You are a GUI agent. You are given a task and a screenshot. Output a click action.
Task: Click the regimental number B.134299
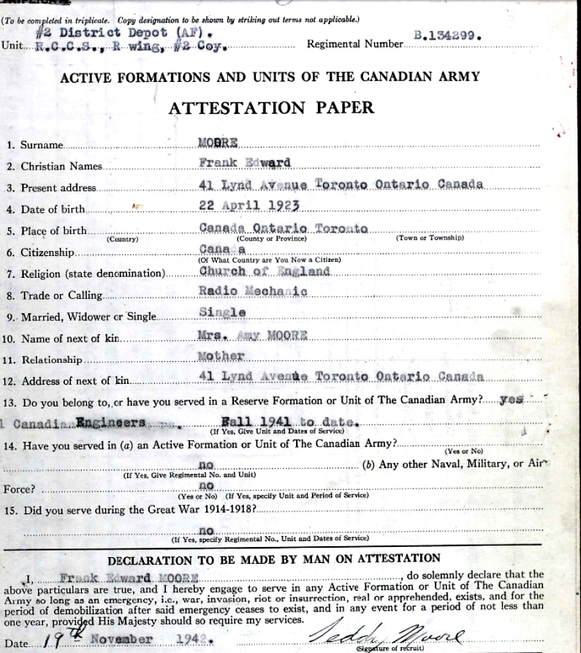448,34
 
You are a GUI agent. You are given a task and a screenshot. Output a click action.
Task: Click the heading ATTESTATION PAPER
271,107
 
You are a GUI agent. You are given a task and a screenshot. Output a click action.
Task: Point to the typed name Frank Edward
244,162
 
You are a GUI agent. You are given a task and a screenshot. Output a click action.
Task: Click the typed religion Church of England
264,271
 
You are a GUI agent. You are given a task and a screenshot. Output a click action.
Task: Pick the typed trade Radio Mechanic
253,291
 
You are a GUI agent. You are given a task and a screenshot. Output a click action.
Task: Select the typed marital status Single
222,312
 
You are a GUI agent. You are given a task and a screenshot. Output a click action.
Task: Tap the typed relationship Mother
221,357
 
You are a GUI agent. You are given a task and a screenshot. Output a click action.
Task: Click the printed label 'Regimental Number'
354,45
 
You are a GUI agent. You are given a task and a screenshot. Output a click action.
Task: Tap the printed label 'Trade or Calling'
61,295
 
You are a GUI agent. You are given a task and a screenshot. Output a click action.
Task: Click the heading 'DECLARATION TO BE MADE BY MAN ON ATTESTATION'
274,559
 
